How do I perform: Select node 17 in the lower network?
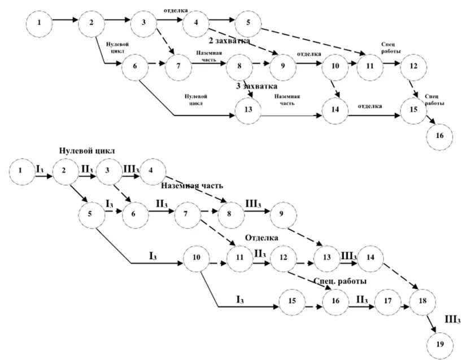[x=387, y=300]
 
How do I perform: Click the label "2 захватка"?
[x=229, y=41]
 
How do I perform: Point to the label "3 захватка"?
[x=256, y=86]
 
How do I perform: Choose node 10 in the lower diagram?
[x=197, y=258]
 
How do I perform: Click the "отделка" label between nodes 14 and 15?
[x=369, y=106]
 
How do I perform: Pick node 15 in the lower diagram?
[x=292, y=301]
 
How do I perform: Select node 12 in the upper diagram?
[x=413, y=65]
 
